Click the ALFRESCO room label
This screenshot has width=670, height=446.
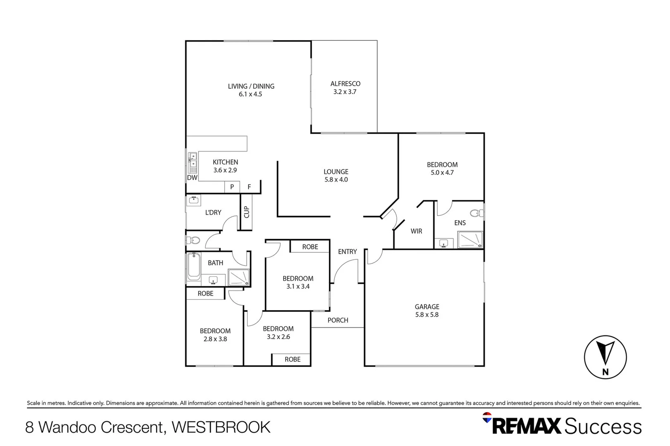pyautogui.click(x=345, y=84)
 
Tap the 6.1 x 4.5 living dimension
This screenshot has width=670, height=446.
pyautogui.click(x=250, y=94)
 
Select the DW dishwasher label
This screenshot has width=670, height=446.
pyautogui.click(x=192, y=178)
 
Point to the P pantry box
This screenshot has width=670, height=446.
pyautogui.click(x=232, y=187)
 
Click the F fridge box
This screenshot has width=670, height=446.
pyautogui.click(x=249, y=187)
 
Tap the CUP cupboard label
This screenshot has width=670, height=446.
pyautogui.click(x=247, y=212)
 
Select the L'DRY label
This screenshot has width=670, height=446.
pyautogui.click(x=213, y=213)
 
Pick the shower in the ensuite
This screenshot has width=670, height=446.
pyautogui.click(x=470, y=240)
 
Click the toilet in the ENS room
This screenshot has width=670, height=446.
pyautogui.click(x=476, y=213)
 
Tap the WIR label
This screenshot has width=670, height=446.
pyautogui.click(x=416, y=231)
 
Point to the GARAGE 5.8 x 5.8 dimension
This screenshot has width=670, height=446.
pyautogui.click(x=427, y=315)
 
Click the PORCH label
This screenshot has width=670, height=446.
pyautogui.click(x=338, y=320)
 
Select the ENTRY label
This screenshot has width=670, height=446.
pyautogui.click(x=347, y=252)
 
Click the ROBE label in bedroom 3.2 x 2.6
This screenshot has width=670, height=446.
pyautogui.click(x=292, y=360)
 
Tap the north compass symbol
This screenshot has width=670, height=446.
pyautogui.click(x=605, y=357)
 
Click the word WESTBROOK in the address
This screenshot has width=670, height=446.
pyautogui.click(x=221, y=427)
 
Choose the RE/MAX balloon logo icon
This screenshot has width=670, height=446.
pyautogui.click(x=487, y=418)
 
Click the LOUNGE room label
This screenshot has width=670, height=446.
pyautogui.click(x=336, y=172)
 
